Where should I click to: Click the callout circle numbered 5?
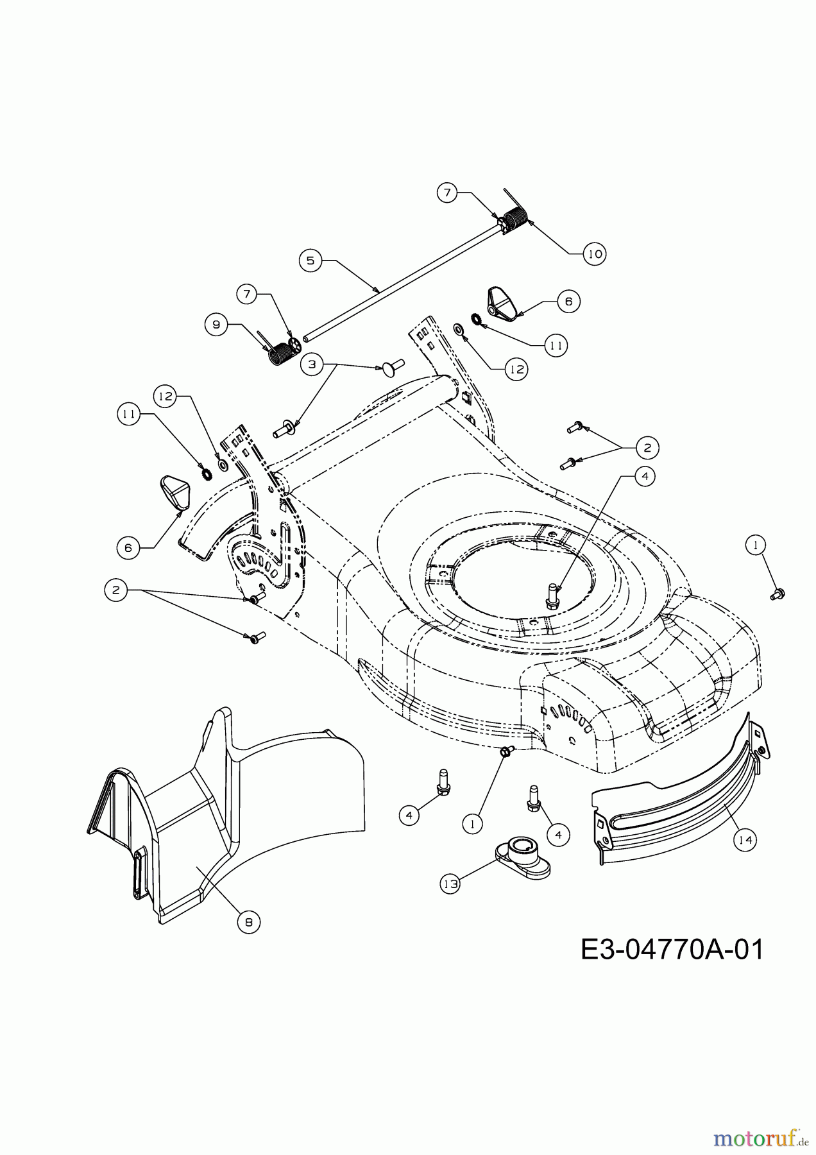click(310, 261)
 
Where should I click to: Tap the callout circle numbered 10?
click(595, 253)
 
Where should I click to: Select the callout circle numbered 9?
click(216, 325)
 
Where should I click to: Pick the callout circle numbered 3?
click(312, 364)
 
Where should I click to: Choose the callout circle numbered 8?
click(249, 923)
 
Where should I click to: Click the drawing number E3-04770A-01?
click(672, 950)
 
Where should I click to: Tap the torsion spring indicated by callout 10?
click(514, 220)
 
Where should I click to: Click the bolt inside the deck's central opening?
click(551, 594)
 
